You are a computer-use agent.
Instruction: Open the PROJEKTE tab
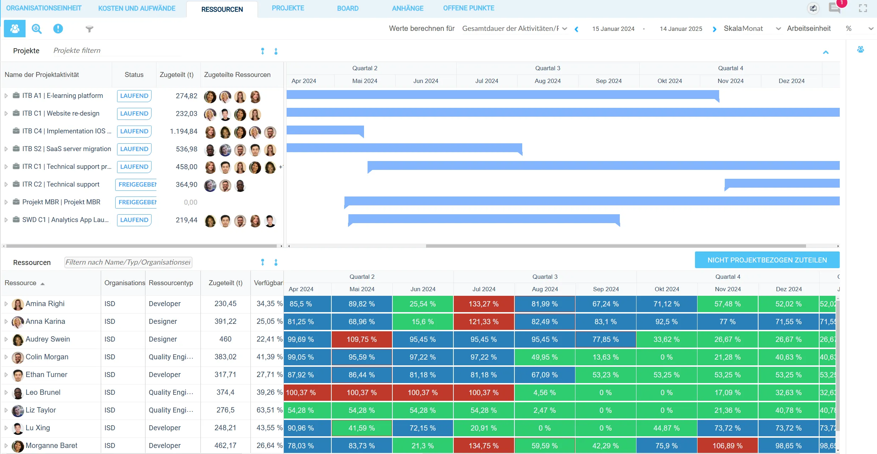(288, 8)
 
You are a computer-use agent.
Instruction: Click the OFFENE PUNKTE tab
(468, 8)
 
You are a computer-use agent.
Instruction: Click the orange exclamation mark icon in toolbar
(58, 29)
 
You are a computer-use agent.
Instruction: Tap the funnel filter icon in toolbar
(89, 29)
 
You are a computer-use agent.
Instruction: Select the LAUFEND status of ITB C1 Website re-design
(134, 113)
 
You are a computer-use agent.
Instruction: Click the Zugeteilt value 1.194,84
(183, 131)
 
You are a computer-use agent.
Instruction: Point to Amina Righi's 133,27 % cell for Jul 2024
(484, 304)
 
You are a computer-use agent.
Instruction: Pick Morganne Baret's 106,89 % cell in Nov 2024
(727, 446)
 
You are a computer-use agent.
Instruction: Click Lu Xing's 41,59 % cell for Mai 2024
(362, 428)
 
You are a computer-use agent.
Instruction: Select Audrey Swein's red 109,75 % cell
(362, 339)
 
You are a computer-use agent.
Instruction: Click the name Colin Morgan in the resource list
(47, 357)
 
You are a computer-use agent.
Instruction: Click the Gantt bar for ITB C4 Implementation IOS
(325, 130)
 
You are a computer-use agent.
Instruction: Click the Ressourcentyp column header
(171, 283)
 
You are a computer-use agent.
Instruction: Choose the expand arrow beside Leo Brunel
(6, 393)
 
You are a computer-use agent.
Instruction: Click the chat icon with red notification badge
(834, 8)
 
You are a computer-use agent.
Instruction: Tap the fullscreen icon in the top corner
(863, 8)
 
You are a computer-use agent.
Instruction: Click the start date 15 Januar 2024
(613, 29)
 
